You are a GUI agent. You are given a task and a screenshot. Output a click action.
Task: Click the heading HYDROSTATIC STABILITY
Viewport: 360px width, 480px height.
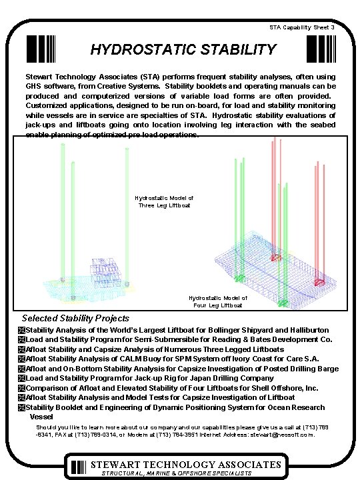[183, 50]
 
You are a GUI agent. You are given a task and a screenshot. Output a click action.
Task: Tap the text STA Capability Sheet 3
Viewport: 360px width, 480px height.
[307, 27]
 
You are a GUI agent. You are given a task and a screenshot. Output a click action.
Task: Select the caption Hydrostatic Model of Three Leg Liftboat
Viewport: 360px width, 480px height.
[164, 202]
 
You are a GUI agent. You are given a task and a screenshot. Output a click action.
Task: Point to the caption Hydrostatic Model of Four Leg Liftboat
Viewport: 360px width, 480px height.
[217, 302]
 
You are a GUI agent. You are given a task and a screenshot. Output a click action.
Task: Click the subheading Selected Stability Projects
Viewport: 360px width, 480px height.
[76, 319]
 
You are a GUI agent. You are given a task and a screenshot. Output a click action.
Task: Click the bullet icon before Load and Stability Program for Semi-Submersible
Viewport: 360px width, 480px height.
[21, 339]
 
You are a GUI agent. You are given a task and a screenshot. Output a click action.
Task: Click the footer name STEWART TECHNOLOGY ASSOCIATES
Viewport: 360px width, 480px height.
[186, 464]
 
